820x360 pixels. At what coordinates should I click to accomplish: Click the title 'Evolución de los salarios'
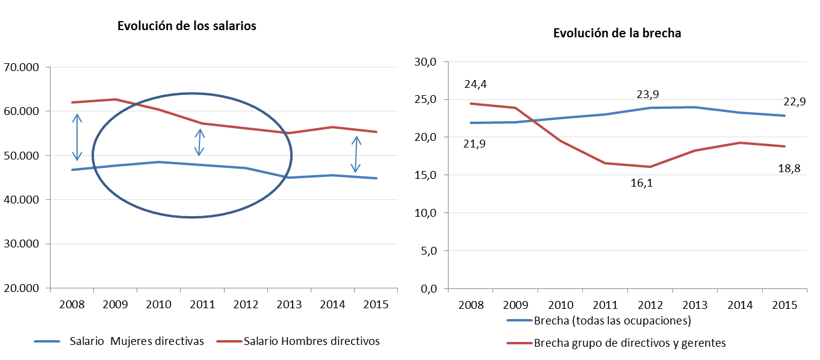point(187,26)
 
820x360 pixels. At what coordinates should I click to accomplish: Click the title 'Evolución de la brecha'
point(617,33)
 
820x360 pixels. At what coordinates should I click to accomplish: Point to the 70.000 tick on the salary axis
point(21,67)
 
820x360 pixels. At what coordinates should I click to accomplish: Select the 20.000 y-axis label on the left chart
point(21,288)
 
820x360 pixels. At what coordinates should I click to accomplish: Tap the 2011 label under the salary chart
point(202,305)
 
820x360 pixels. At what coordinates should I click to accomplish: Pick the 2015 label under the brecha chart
point(784,305)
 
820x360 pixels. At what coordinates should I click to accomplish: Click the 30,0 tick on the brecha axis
point(426,62)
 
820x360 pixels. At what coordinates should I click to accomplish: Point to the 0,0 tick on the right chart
point(429,289)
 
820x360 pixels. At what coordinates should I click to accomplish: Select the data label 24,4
point(476,84)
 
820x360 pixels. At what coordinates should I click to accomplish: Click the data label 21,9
point(474,144)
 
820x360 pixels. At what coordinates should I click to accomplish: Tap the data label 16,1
point(641,183)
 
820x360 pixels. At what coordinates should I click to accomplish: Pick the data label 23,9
point(648,95)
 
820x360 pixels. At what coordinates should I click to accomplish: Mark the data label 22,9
point(794,102)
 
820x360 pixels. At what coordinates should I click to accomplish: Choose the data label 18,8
point(789,169)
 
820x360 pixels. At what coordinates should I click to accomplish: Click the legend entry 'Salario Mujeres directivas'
point(119,341)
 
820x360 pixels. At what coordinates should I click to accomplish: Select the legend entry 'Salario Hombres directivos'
point(298,341)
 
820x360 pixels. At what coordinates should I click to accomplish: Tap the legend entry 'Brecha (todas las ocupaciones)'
point(599,321)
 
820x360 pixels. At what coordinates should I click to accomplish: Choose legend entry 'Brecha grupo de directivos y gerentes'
point(616,343)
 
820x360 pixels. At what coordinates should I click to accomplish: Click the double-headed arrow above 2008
point(77,137)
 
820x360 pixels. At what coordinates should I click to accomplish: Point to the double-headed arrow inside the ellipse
point(199,143)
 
